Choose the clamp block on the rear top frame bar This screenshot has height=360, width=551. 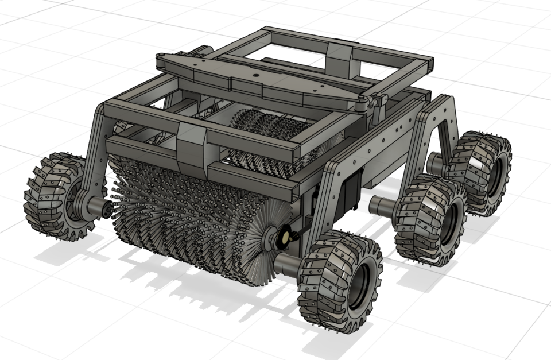point(339,56)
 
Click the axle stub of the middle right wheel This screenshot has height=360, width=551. point(381,203)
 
